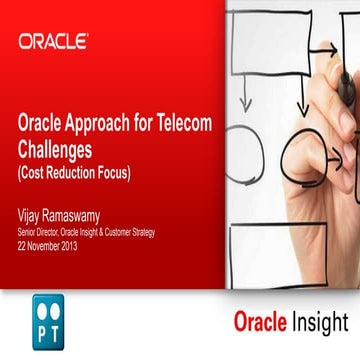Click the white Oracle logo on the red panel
pyautogui.click(x=53, y=41)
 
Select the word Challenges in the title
pyautogui.click(x=61, y=147)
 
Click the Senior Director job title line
pyautogui.click(x=85, y=229)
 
